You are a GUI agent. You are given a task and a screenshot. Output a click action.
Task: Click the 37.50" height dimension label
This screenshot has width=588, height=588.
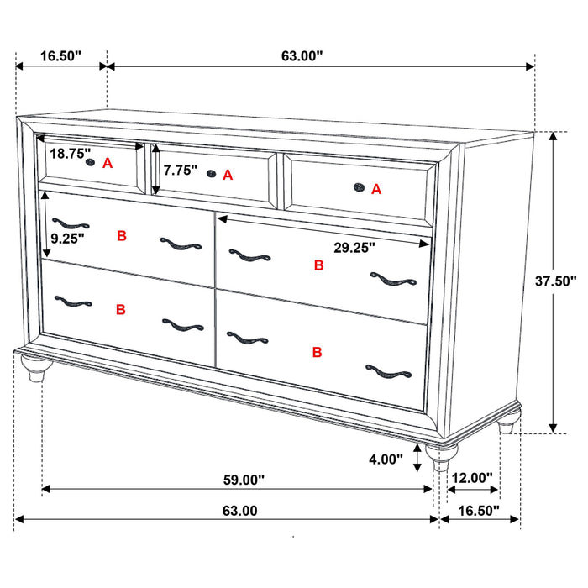[556, 281]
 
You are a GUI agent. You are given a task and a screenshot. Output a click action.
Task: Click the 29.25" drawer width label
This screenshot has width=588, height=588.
[352, 247]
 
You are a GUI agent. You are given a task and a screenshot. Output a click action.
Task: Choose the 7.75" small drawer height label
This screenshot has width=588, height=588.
[181, 171]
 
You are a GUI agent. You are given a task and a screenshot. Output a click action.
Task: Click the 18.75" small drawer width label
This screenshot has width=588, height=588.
[70, 154]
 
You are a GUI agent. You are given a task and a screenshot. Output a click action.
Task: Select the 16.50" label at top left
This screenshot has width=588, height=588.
[60, 56]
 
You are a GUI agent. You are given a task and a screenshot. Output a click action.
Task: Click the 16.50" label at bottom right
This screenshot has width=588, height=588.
[478, 510]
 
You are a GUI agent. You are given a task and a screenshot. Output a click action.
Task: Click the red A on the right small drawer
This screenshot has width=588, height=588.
[376, 190]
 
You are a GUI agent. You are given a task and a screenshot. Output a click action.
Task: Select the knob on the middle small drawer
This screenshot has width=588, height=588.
[210, 174]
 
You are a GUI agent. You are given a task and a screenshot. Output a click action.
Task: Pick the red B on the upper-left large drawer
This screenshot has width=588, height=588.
[122, 236]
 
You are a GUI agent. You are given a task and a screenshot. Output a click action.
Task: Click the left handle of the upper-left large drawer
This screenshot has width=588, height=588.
[70, 223]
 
